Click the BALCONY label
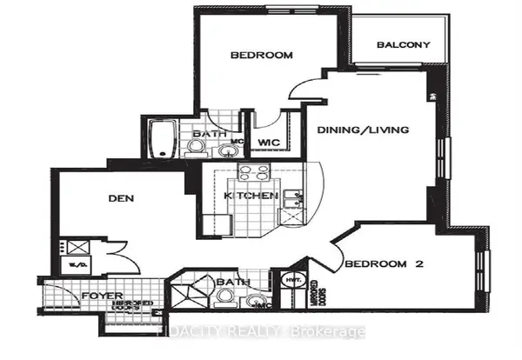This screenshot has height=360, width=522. click(x=402, y=45)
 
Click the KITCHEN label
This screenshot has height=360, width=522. click(x=251, y=197)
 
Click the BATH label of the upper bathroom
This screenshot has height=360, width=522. click(x=210, y=133)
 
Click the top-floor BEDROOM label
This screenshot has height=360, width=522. click(x=261, y=56)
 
